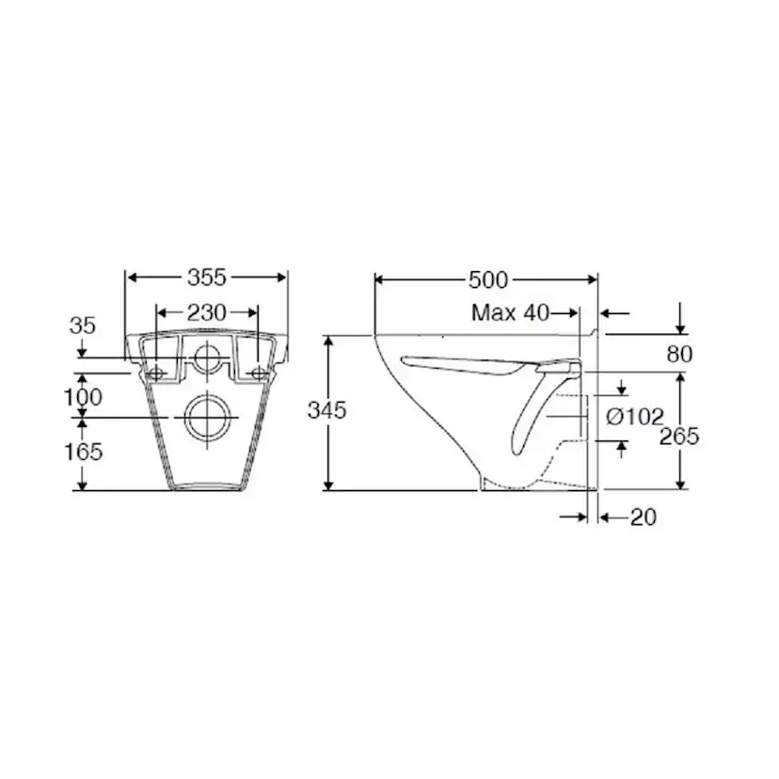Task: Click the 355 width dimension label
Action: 207,278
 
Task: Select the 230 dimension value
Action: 207,312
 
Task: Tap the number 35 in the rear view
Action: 83,326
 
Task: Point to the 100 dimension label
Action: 84,397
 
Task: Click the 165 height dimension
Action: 84,452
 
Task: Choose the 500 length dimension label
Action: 488,280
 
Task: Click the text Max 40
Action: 510,313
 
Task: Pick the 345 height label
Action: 326,410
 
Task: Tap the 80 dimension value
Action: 679,355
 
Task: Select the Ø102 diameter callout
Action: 635,417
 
